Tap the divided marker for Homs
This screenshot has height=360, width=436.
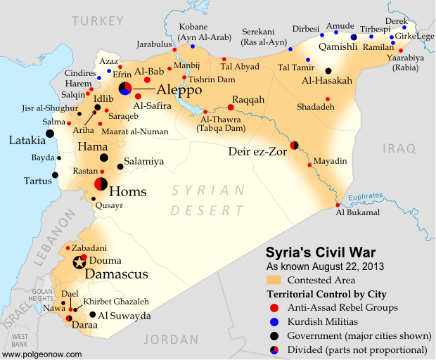pos(101,184)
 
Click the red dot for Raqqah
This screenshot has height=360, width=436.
pos(231,108)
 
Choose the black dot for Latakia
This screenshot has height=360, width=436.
pos(50,133)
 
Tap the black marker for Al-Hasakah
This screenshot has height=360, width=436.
pos(328,70)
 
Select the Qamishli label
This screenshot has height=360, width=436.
pos(339,48)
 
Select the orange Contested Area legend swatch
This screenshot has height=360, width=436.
pos(271,280)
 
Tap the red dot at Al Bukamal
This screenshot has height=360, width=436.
pos(338,205)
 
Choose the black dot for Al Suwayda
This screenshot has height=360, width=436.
pos(91,315)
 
